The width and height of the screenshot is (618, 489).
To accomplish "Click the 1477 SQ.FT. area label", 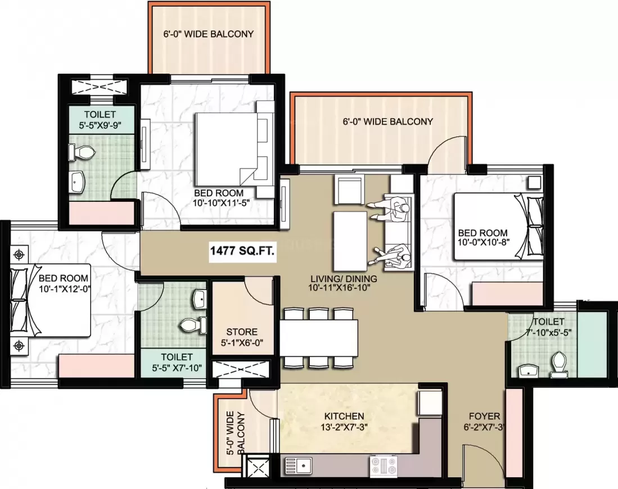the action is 242,251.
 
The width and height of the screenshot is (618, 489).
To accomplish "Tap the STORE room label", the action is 242,332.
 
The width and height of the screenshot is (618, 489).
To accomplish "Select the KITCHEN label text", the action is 344,416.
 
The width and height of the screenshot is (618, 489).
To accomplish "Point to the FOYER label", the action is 484,416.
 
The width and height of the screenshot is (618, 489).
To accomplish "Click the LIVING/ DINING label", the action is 344,279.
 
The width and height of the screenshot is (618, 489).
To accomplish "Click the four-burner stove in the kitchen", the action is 383,466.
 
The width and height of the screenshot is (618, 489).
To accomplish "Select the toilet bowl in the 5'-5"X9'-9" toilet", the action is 82,152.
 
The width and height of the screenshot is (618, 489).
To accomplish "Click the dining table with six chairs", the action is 319,338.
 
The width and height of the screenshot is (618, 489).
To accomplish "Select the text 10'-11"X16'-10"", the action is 339,288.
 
